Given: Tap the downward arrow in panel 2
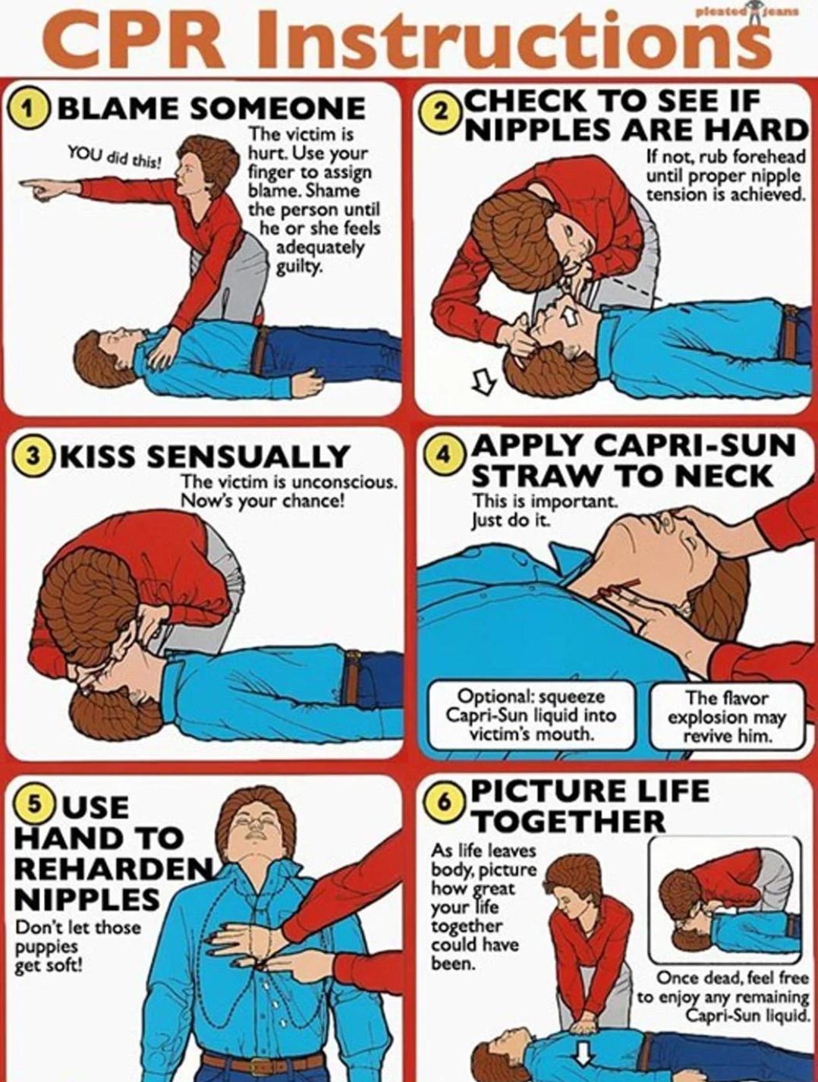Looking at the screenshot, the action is click(483, 382).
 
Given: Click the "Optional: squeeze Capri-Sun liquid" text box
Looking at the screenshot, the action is click(531, 713).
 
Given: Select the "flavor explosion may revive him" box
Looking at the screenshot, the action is click(726, 716).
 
